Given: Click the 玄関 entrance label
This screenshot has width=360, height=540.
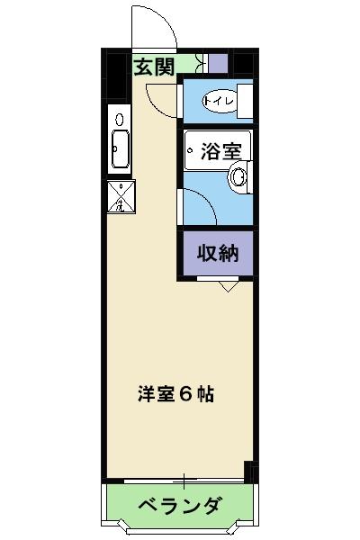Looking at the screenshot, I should click(x=154, y=66).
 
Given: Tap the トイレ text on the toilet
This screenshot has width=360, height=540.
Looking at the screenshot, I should click(x=219, y=102).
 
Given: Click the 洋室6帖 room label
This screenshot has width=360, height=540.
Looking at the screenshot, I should click(x=175, y=393).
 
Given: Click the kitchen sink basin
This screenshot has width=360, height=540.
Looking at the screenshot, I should click(x=120, y=149).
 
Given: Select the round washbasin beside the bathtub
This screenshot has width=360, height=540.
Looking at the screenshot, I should click(x=239, y=177).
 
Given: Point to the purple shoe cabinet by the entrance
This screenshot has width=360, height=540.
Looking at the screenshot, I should click(x=218, y=64).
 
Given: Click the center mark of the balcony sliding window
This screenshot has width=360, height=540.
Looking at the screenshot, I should click(x=184, y=479).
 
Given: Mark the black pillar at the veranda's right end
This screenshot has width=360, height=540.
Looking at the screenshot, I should click(x=249, y=473).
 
